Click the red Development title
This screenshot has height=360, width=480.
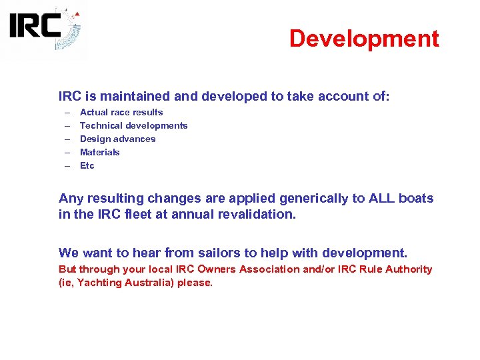(364, 39)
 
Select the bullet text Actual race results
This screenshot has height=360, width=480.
(121, 113)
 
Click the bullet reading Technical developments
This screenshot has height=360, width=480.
(133, 126)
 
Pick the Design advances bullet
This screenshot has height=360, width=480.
(117, 139)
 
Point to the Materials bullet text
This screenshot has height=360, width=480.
(100, 153)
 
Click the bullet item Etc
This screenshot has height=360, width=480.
(87, 166)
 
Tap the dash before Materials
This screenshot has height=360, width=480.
(67, 153)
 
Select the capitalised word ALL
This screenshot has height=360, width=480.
(374, 199)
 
